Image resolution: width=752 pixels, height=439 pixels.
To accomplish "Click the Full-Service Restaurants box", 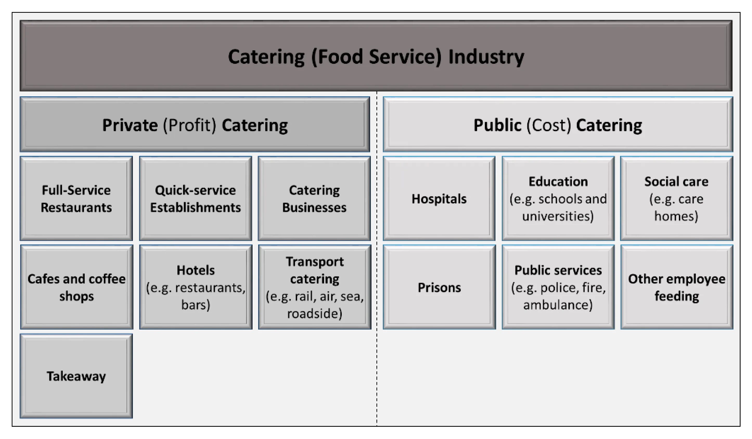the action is click(x=76, y=199).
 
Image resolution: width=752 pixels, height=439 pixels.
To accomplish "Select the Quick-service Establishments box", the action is click(x=195, y=199).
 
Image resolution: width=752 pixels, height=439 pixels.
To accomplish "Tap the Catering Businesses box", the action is click(x=314, y=199).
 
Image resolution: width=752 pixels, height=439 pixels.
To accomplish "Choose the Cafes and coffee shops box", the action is click(x=76, y=287).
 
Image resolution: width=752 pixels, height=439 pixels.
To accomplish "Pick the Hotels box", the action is click(x=195, y=287).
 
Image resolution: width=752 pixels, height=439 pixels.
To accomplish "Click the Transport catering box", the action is click(x=314, y=287).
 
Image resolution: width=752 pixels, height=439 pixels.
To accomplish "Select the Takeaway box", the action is click(x=76, y=376).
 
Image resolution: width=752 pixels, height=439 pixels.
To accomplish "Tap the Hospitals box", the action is click(x=439, y=199).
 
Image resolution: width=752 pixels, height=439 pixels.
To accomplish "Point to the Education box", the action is click(x=558, y=199).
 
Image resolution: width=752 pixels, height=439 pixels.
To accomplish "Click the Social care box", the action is click(x=677, y=199).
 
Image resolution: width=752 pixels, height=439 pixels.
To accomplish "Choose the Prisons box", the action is click(x=439, y=287).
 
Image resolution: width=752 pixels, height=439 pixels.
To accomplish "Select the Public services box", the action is click(x=558, y=287).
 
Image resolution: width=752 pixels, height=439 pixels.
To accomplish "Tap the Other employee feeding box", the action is click(x=677, y=287).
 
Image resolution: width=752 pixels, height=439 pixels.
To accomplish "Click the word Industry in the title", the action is click(x=486, y=57).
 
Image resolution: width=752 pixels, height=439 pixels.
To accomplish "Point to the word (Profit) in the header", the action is click(x=189, y=125).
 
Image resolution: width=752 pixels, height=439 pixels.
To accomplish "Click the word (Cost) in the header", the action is click(x=549, y=125).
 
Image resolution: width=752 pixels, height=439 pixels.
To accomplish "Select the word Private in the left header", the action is click(x=130, y=125).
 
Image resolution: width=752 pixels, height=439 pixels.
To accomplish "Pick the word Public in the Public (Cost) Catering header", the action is click(x=497, y=125).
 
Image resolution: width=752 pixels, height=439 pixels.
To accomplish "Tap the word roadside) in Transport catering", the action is click(x=314, y=313).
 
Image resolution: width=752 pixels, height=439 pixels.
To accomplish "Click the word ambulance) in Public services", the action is click(x=558, y=305).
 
